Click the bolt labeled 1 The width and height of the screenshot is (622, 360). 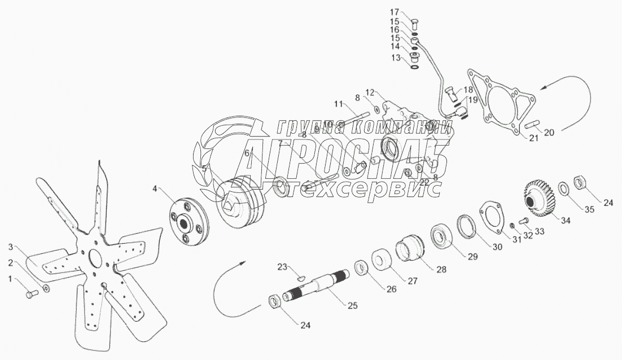click(x=31, y=293)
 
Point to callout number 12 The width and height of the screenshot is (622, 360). click(x=370, y=92)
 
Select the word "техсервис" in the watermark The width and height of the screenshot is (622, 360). click(x=361, y=190)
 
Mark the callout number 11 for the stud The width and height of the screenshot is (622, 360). click(x=338, y=103)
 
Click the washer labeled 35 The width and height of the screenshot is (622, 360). click(x=564, y=188)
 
